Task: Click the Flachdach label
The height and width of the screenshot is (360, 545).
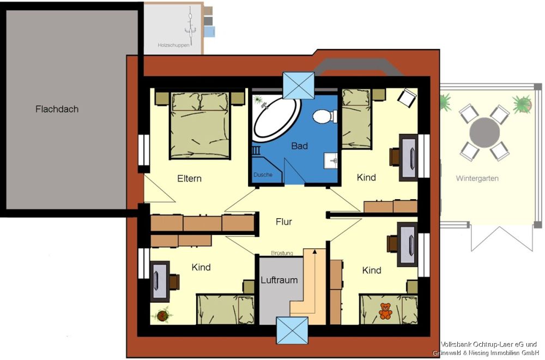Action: [57, 109]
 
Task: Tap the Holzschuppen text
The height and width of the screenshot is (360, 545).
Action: [173, 45]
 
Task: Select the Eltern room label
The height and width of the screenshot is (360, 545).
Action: [190, 178]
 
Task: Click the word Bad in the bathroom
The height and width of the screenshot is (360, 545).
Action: [299, 146]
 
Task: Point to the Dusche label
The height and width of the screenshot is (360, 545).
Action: [263, 175]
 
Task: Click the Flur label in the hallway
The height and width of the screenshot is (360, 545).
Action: [283, 221]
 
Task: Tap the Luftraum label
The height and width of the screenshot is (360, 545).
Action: [279, 280]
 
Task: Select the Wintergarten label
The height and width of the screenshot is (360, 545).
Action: [477, 178]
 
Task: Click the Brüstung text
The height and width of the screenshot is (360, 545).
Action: [282, 253]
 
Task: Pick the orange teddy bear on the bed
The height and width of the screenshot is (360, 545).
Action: [385, 311]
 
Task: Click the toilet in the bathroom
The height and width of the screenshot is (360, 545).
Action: [325, 117]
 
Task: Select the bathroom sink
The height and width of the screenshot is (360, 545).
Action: [331, 161]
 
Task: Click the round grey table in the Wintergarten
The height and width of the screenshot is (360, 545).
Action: [485, 133]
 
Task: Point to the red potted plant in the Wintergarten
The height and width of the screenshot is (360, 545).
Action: [523, 104]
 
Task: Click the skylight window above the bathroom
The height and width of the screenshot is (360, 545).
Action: [299, 86]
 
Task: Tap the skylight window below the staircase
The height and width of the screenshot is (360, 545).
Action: [292, 331]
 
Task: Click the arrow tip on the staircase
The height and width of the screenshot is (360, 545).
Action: [314, 250]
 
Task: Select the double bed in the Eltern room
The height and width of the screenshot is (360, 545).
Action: [200, 125]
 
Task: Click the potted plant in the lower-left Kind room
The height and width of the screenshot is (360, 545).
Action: [162, 315]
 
